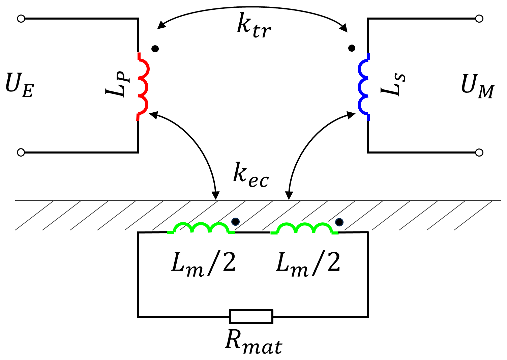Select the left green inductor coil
coord(201,228)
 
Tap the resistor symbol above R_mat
coord(251,316)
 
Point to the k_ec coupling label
coord(251,175)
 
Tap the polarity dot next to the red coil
coord(155,49)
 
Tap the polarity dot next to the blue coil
coord(352,48)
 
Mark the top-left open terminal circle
coord(21,19)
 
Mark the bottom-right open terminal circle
coord(479,153)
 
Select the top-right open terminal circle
coord(479,19)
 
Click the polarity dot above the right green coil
coord(339,222)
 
